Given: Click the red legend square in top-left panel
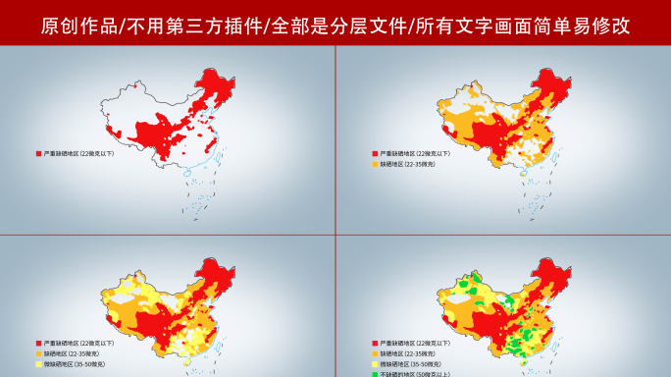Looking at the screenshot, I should tap(38, 154).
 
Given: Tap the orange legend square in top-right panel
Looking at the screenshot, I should tap(374, 164).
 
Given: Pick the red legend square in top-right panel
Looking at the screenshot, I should tap(374, 154).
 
